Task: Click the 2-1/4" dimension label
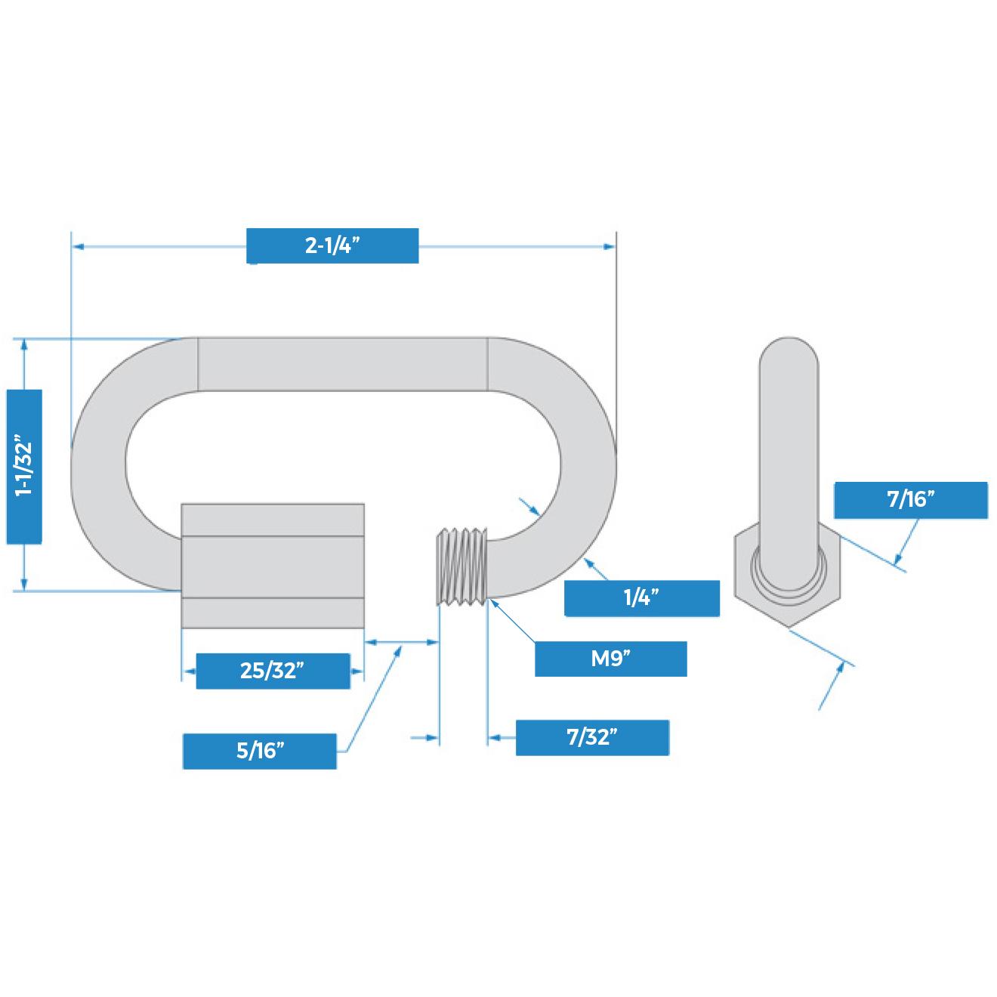(x=332, y=246)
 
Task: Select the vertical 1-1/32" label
(x=23, y=466)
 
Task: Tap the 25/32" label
(x=273, y=671)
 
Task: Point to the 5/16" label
(x=260, y=751)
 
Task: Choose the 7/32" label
(x=592, y=737)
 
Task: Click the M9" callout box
(x=610, y=659)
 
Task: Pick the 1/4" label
(x=642, y=598)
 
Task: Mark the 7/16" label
(x=911, y=499)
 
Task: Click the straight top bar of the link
(x=342, y=364)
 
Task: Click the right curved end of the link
(x=586, y=461)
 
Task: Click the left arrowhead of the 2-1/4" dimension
(x=76, y=246)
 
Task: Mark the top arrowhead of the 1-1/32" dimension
(x=23, y=344)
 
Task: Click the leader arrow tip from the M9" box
(x=491, y=600)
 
